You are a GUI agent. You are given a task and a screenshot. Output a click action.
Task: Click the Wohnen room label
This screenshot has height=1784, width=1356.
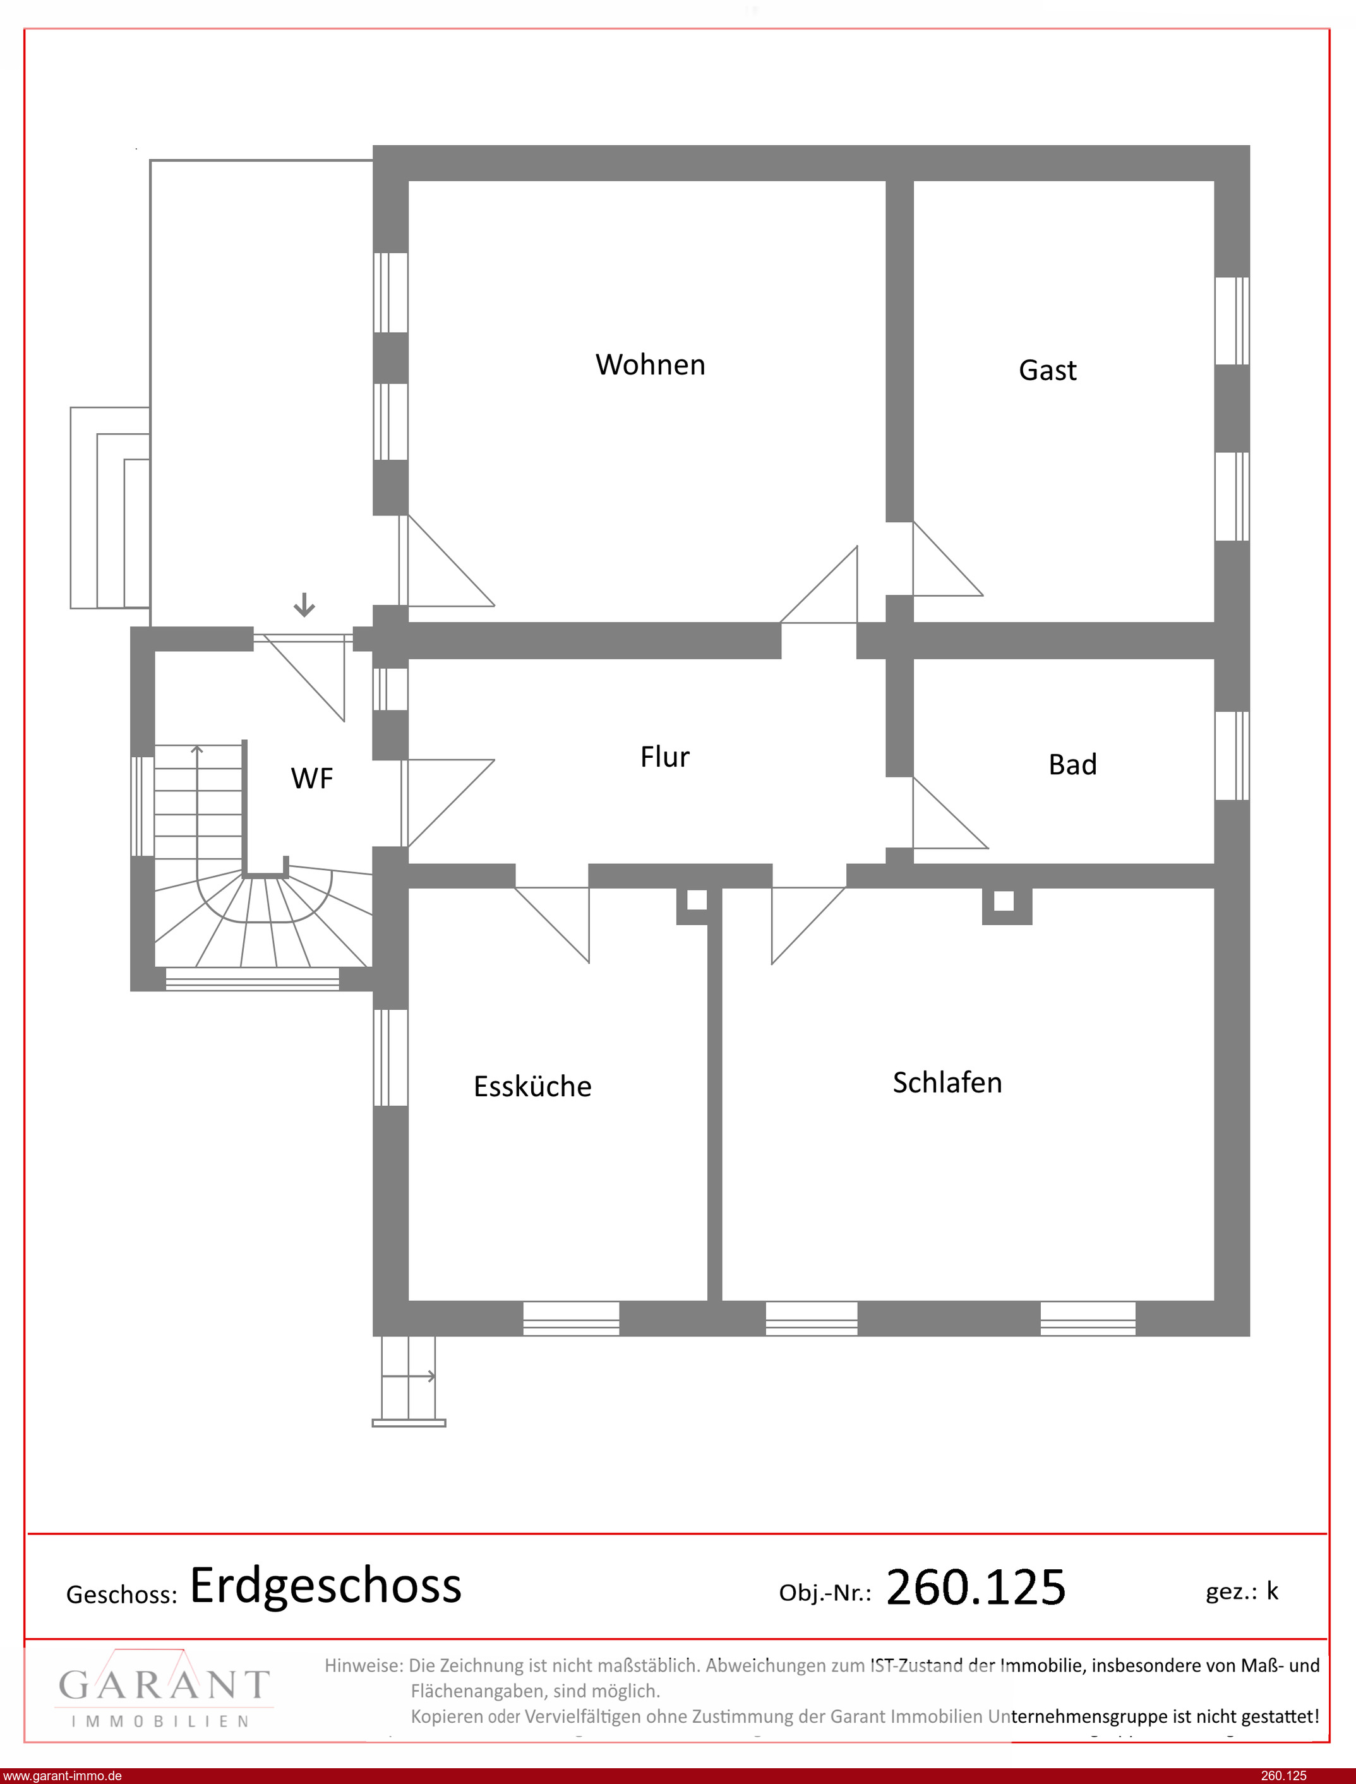click(x=651, y=365)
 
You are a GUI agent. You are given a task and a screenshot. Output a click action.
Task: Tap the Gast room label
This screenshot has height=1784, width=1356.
click(x=1048, y=370)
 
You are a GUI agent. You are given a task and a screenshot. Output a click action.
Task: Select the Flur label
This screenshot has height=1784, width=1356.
click(x=665, y=757)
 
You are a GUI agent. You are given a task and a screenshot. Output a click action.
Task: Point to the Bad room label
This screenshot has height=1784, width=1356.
click(x=1072, y=764)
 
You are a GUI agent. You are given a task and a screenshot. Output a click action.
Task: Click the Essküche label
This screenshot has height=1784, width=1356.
click(x=532, y=1086)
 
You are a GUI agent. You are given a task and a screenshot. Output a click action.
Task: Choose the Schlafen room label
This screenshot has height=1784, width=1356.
click(x=947, y=1082)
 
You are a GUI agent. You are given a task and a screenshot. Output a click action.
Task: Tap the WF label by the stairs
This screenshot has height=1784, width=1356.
click(x=311, y=778)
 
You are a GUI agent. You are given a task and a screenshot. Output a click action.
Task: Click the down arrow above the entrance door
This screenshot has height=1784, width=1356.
click(x=304, y=604)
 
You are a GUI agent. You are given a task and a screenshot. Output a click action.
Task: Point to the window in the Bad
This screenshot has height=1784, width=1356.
click(x=1232, y=755)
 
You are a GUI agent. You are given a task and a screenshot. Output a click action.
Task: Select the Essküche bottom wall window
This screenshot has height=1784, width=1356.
click(x=571, y=1319)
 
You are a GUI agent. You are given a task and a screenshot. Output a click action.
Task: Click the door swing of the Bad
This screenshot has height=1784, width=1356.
click(x=950, y=813)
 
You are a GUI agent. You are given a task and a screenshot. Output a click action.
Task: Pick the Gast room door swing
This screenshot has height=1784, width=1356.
click(x=947, y=558)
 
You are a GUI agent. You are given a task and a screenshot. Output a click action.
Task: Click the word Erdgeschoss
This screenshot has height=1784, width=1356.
click(x=325, y=1586)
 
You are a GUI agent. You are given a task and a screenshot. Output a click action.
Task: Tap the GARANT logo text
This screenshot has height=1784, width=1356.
click(x=164, y=1685)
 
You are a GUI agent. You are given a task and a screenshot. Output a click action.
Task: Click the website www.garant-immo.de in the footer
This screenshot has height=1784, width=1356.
click(x=62, y=1776)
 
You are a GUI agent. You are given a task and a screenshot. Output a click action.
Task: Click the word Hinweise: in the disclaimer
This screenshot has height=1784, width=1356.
click(x=363, y=1665)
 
